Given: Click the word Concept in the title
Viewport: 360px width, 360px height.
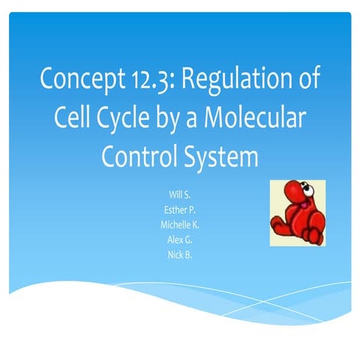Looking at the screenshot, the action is pos(82,78).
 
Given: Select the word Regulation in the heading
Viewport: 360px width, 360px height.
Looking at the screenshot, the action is pos(236,79).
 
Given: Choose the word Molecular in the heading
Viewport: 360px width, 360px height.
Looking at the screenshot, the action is pos(255,116).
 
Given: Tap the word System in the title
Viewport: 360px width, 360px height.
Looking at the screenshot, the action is pos(221,158).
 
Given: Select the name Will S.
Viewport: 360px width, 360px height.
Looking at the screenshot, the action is pos(180,194).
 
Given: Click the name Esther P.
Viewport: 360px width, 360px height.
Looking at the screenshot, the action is pos(180,210).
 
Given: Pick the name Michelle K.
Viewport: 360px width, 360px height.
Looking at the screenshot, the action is pos(180,225).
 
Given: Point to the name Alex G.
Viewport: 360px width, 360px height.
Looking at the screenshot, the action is pos(180,240).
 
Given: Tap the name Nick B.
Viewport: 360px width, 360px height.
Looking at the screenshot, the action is pos(180,255).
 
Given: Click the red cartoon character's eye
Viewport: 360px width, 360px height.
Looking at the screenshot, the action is pos(308,190).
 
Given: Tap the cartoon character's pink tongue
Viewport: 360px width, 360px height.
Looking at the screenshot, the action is pos(304,205).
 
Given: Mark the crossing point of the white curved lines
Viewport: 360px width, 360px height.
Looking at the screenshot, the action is pos(263,301).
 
